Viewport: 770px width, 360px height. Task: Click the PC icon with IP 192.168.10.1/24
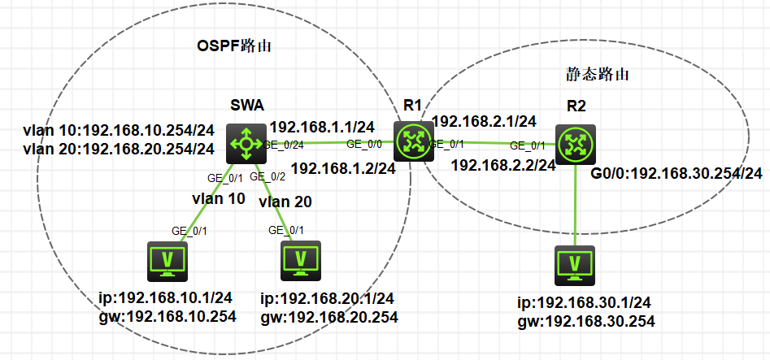167,261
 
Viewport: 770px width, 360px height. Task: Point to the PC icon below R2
576,265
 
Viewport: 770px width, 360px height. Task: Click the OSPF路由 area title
233,46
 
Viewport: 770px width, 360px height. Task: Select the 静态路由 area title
599,73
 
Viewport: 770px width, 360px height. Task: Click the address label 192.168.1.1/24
322,127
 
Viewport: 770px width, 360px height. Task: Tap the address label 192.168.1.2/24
342,169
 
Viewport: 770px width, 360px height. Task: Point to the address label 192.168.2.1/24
484,122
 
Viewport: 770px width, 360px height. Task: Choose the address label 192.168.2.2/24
502,164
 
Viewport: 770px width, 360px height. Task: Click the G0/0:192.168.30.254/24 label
676,173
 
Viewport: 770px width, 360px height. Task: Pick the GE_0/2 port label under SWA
268,176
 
